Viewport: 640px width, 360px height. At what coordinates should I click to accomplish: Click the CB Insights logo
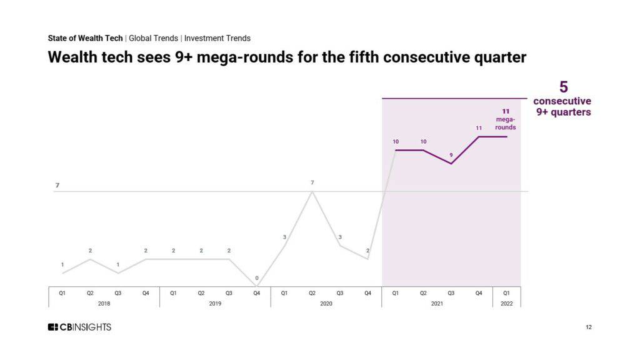pos(79,327)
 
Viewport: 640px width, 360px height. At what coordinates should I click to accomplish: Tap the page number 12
pos(589,327)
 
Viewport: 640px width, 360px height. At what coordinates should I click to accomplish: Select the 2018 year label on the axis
pos(104,303)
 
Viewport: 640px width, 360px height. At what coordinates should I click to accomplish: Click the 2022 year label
pos(506,303)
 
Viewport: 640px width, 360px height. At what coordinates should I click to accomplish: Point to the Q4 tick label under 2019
pos(256,292)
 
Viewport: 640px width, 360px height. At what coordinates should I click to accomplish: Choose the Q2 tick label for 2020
pos(312,292)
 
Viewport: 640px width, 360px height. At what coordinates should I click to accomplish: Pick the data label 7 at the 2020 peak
pos(312,182)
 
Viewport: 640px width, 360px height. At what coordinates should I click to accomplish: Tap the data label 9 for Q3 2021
pos(451,154)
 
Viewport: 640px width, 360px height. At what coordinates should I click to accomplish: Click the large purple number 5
pos(563,87)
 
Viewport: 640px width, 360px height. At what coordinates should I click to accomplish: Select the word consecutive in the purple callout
pos(562,101)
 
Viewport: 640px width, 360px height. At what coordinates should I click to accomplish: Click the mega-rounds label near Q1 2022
pos(506,123)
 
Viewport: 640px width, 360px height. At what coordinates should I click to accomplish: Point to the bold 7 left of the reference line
pos(57,185)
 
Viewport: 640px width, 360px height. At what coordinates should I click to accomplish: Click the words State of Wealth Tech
pos(85,38)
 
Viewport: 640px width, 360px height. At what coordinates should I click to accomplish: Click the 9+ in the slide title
pos(186,57)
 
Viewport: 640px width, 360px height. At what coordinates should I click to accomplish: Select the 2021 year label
pos(437,303)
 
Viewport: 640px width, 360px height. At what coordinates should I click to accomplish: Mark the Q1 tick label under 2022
pos(506,292)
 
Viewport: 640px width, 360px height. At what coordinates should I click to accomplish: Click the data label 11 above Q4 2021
pos(479,128)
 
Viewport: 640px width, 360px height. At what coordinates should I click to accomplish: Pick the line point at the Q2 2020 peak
pos(312,192)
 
